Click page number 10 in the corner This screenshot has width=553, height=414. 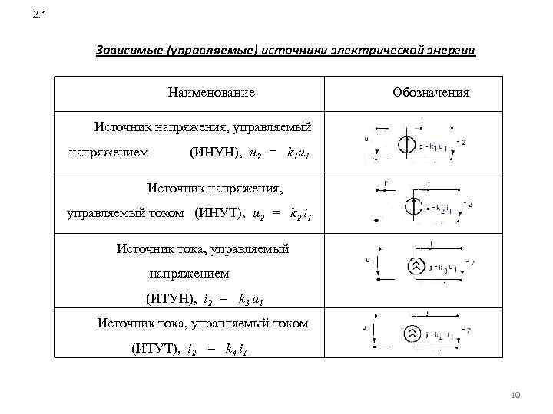[x=515, y=394]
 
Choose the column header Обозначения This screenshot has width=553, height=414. [x=430, y=93]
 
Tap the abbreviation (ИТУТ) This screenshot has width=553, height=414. [x=156, y=350]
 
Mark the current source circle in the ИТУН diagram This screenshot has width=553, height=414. [x=412, y=267]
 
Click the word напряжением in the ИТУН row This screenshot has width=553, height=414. [x=189, y=273]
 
